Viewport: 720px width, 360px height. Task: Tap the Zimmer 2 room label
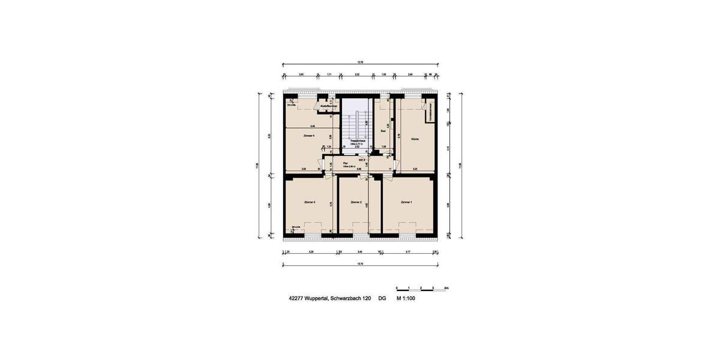point(356,202)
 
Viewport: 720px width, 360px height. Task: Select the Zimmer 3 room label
point(310,202)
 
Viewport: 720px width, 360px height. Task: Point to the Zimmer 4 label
point(309,137)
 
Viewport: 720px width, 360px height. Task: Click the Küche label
point(415,139)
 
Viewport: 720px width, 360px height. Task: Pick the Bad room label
point(383,130)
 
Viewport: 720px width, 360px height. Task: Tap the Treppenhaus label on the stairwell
point(358,141)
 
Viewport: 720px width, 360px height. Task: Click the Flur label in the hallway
point(346,163)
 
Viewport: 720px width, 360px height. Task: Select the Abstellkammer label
point(328,106)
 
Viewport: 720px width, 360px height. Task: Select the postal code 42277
point(296,298)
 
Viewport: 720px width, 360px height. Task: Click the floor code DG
point(382,298)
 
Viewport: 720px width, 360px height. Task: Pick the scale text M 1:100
point(406,298)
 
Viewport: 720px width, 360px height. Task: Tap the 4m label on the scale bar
point(446,288)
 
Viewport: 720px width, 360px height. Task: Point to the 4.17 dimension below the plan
point(408,252)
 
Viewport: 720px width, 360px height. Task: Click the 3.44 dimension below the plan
point(359,252)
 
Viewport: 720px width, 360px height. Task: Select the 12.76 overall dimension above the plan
point(360,62)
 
